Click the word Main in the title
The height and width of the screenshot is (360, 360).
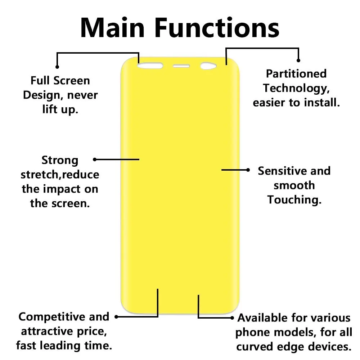tap(112, 28)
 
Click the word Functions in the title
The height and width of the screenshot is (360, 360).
tap(217, 28)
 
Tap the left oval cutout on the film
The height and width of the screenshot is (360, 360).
tap(150, 66)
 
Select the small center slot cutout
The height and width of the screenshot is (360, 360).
tap(181, 66)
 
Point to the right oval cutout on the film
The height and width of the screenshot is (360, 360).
tap(208, 66)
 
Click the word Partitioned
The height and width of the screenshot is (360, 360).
tap(296, 74)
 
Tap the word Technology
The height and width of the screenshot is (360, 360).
tap(295, 89)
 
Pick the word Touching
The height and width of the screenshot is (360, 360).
tap(293, 200)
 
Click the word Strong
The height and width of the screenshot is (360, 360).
tap(60, 161)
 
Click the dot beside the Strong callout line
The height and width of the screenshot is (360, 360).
tap(95, 159)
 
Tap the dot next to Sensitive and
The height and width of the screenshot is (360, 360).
tap(248, 170)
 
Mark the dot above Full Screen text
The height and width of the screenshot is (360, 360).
tap(57, 67)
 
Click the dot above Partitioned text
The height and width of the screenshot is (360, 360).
tap(298, 60)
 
